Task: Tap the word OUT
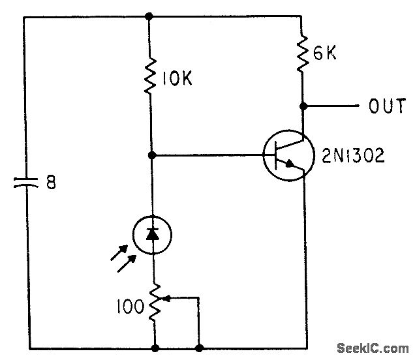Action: [387, 106]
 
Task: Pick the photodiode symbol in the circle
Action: [152, 234]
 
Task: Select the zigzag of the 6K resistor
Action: [303, 53]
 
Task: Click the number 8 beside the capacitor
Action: [51, 183]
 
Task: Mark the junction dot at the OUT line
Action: [303, 104]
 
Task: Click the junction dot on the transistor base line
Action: [151, 155]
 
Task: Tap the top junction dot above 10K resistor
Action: [151, 16]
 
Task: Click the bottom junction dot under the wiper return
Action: [199, 348]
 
